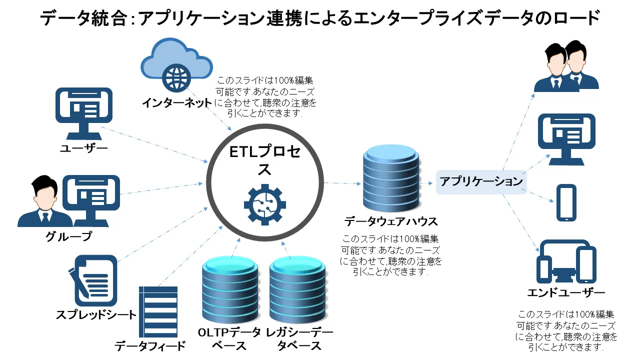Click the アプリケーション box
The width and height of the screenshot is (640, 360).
tap(481, 181)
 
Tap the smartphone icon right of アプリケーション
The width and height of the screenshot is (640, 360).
tap(566, 202)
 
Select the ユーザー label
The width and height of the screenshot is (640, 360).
tap(84, 148)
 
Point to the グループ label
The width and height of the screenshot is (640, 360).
tap(69, 236)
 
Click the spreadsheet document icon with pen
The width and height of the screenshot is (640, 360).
tap(93, 280)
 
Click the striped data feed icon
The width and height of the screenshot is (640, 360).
tap(158, 311)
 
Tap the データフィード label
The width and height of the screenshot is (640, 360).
tap(150, 345)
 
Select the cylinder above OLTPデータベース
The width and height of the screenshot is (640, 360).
tap(229, 290)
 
